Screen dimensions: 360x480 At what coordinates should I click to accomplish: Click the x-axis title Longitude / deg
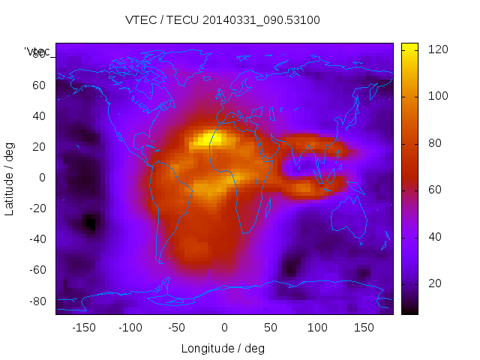pyautogui.click(x=223, y=348)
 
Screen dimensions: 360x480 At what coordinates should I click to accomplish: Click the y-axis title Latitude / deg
pyautogui.click(x=10, y=178)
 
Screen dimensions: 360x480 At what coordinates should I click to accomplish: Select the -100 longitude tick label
pyautogui.click(x=130, y=328)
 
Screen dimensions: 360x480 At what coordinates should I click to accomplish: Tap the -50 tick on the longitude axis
pyautogui.click(x=178, y=328)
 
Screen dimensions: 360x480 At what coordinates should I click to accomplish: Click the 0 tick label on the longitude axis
pyautogui.click(x=224, y=328)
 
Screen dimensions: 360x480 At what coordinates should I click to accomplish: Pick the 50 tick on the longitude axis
pyautogui.click(x=271, y=328)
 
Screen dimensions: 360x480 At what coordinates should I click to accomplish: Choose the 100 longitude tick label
pyautogui.click(x=317, y=328)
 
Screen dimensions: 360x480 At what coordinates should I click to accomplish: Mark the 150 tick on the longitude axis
pyautogui.click(x=364, y=328)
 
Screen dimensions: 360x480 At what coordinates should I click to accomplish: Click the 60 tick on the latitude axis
pyautogui.click(x=38, y=85)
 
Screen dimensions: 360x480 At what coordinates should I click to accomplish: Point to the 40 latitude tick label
pyautogui.click(x=38, y=116)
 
